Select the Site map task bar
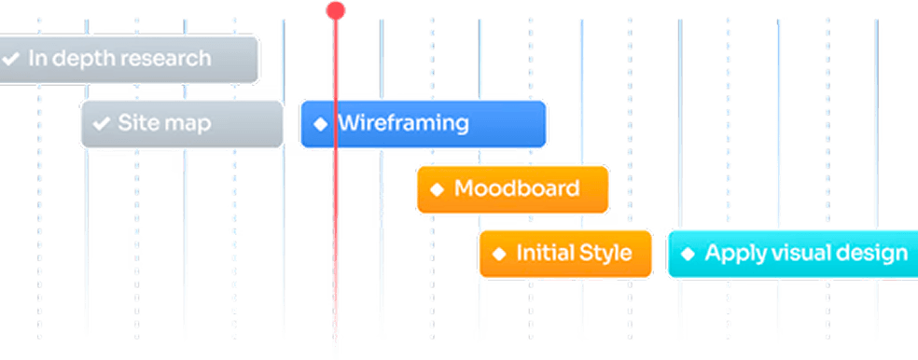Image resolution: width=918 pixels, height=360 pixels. [x=182, y=123]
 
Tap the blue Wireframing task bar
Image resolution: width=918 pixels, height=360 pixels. [x=423, y=123]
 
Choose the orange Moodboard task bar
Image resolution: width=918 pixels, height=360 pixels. [x=512, y=188]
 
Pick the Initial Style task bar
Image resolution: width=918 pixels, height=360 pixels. [x=564, y=253]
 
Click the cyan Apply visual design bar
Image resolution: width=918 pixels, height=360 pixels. [x=793, y=253]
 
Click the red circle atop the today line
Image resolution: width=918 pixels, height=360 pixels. [x=335, y=10]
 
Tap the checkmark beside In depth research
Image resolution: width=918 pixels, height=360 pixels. [x=11, y=59]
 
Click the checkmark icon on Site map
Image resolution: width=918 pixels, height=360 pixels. [x=101, y=123]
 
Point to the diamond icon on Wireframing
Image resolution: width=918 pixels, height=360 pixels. [x=320, y=124]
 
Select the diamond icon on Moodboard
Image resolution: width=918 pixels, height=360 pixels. [x=437, y=189]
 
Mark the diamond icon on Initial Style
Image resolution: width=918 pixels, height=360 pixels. [x=499, y=254]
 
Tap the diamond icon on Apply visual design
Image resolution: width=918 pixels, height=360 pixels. [x=688, y=254]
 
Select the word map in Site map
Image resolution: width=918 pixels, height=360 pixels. [x=190, y=124]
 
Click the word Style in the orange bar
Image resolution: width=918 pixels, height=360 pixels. [x=605, y=253]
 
